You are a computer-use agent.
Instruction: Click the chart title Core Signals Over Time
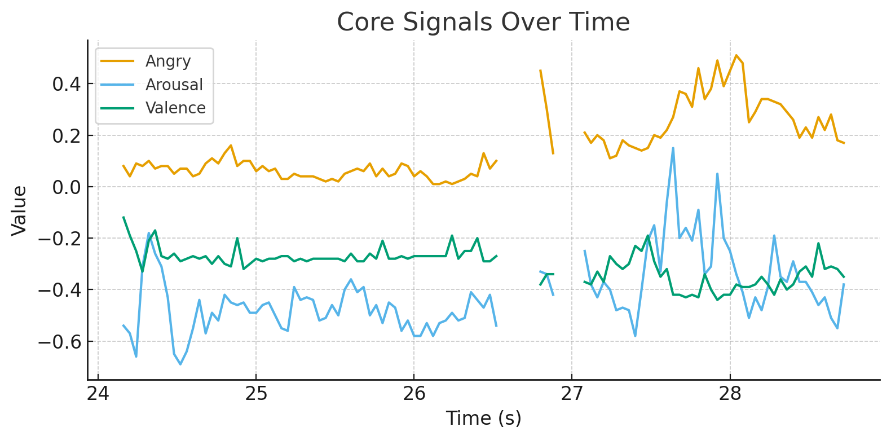click(x=483, y=23)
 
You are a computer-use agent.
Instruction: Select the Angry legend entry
click(x=168, y=61)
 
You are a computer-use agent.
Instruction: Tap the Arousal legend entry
click(x=174, y=85)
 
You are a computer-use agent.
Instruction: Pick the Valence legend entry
click(x=175, y=108)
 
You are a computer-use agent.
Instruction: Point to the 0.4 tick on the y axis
click(x=67, y=85)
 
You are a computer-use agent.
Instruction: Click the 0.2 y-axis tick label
click(x=67, y=136)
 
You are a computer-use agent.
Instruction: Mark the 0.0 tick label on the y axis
click(x=67, y=187)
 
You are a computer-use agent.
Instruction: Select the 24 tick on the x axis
click(x=98, y=393)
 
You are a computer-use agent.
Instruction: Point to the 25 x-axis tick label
click(x=256, y=393)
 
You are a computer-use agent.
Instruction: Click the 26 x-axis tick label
click(x=414, y=393)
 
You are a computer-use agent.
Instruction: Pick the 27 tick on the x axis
click(x=572, y=393)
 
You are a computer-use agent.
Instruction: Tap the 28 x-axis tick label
click(x=730, y=393)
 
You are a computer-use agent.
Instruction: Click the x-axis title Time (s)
click(x=483, y=418)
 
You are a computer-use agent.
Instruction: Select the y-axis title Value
click(x=19, y=210)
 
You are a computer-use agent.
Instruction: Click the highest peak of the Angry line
click(x=736, y=55)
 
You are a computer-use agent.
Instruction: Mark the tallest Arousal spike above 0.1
click(x=673, y=148)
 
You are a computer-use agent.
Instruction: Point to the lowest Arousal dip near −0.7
click(x=180, y=364)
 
